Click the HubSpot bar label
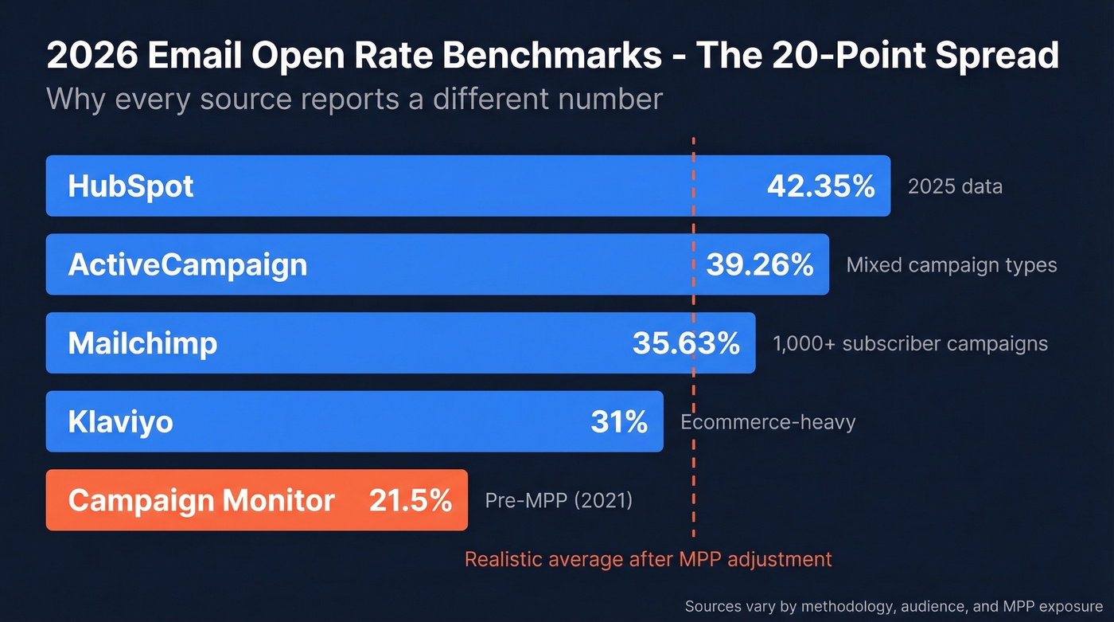[x=130, y=186]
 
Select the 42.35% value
[x=820, y=186]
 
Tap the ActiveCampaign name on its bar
[x=187, y=264]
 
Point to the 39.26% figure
[x=759, y=264]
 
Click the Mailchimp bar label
[x=142, y=343]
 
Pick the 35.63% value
[x=686, y=343]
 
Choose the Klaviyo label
[x=120, y=421]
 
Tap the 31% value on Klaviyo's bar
[x=618, y=421]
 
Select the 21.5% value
[x=410, y=500]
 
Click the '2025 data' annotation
[x=955, y=186]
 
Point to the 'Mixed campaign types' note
[x=951, y=264]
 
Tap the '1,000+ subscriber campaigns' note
[x=910, y=343]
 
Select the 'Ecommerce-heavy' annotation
[x=768, y=421]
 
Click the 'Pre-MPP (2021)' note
[x=559, y=500]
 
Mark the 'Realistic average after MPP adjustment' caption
[x=648, y=559]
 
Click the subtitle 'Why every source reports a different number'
[x=354, y=99]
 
